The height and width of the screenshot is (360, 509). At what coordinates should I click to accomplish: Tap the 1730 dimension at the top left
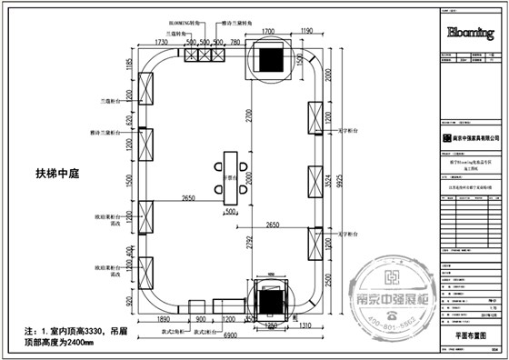point(163,43)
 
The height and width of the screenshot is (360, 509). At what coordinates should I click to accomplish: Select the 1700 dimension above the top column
point(269,33)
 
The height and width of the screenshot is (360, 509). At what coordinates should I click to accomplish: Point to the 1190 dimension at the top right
point(305,33)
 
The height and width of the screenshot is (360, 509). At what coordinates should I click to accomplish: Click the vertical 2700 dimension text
point(248,118)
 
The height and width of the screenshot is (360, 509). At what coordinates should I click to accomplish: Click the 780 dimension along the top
point(235,43)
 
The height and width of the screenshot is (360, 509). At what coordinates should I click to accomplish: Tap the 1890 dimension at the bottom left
point(165,321)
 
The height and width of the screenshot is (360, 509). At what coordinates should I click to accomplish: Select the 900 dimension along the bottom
point(201,321)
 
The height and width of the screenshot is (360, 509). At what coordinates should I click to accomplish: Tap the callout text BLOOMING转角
point(186,21)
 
